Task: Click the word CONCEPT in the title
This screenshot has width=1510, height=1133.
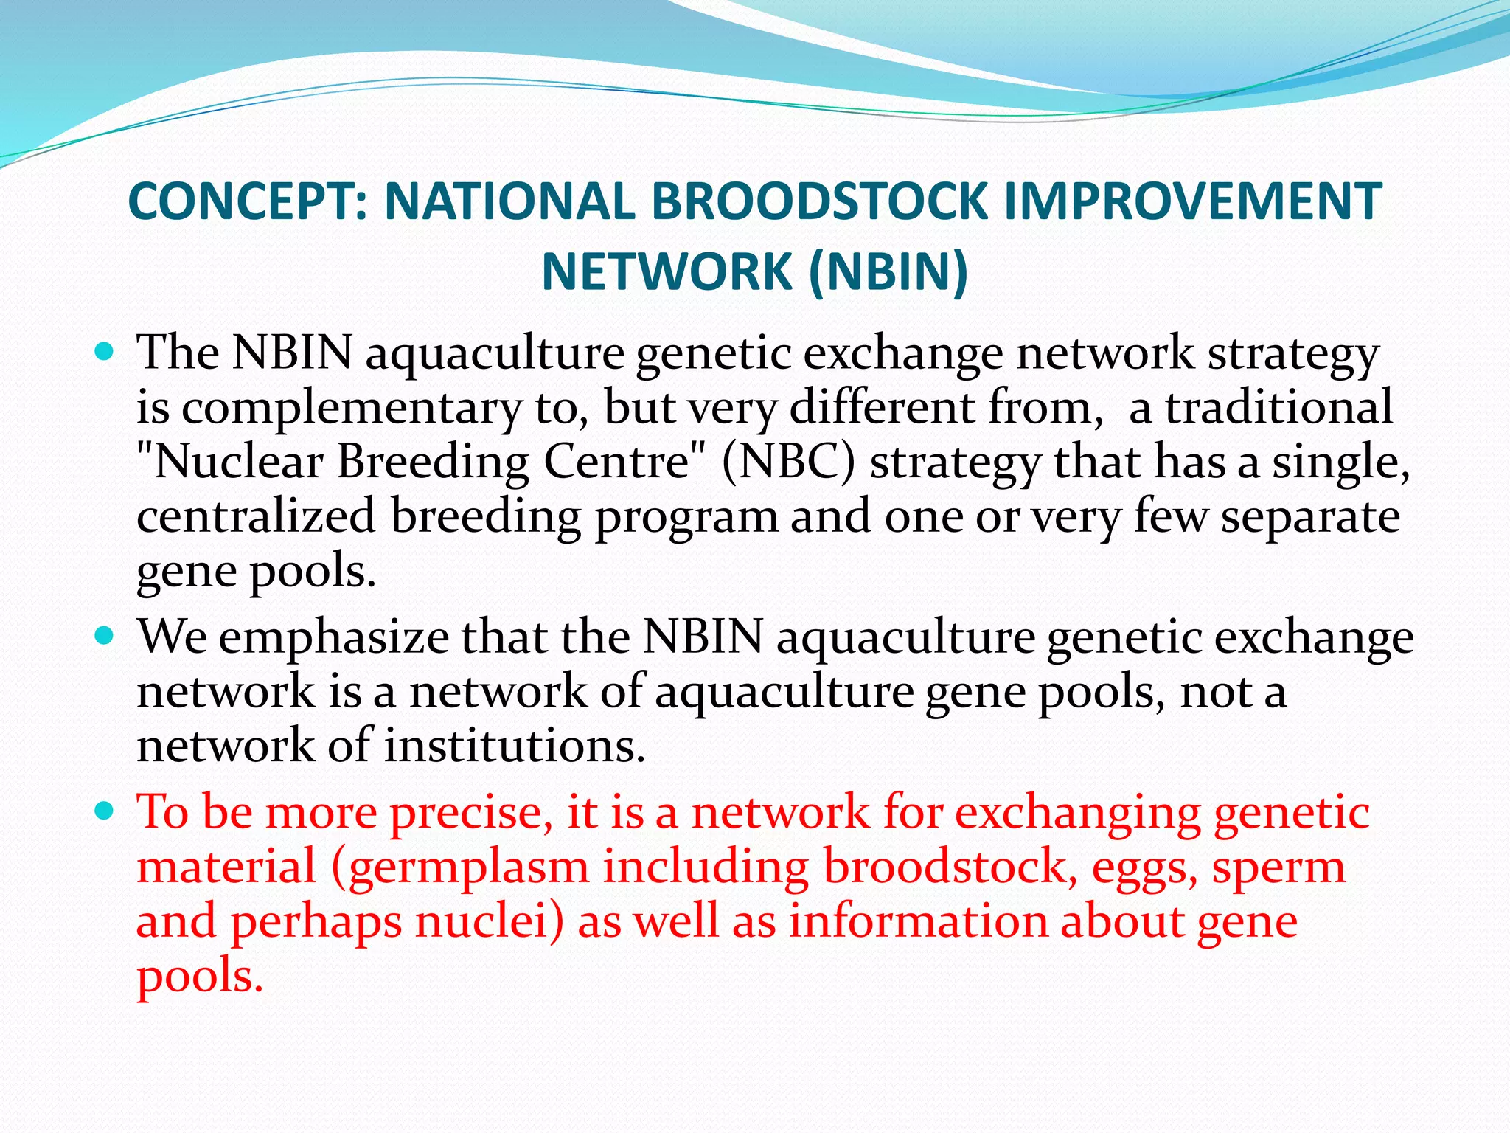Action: pyautogui.click(x=247, y=201)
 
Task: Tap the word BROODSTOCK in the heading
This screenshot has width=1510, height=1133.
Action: pyautogui.click(x=818, y=201)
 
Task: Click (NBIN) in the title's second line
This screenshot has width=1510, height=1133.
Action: pyautogui.click(x=888, y=272)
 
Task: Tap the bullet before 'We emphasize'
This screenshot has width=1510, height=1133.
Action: pyautogui.click(x=105, y=636)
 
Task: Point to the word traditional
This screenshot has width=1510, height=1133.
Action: pyautogui.click(x=1279, y=407)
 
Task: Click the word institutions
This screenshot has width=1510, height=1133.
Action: pyautogui.click(x=515, y=746)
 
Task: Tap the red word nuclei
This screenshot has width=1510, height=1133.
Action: pyautogui.click(x=489, y=922)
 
